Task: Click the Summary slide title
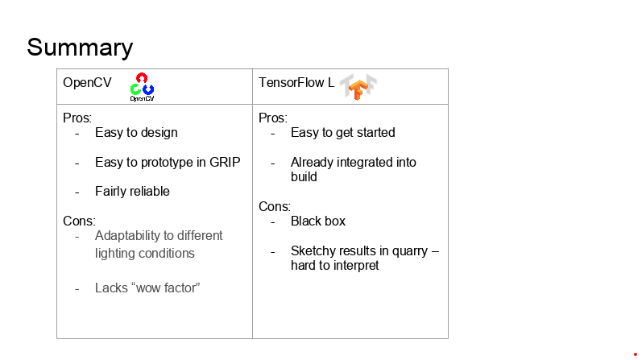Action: point(80,48)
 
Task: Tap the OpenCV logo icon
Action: point(142,87)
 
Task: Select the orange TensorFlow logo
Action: point(358,87)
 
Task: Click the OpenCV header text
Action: point(87,83)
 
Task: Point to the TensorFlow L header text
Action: point(296,83)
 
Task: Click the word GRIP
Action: point(225,162)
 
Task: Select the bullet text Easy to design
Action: point(136,133)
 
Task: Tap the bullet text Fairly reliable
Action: point(132,191)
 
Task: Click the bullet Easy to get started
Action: point(342,133)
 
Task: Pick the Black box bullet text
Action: point(318,221)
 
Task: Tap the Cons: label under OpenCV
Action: point(79,221)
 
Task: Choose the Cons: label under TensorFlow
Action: point(275,206)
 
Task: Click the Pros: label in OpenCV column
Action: point(77,118)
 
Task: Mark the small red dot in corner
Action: point(636,354)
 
